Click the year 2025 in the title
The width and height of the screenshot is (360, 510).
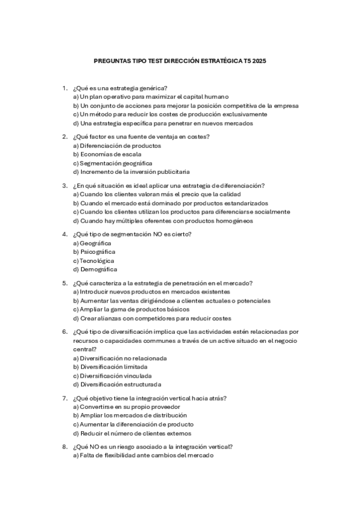click(258, 61)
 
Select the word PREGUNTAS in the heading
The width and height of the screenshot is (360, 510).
click(111, 61)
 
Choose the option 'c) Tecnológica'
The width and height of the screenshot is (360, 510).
click(93, 261)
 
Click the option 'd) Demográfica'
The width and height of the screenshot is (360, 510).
click(94, 270)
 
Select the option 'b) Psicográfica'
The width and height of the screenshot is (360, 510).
click(94, 251)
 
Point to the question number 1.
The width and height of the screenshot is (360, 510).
click(64, 88)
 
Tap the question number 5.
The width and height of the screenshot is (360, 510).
click(64, 283)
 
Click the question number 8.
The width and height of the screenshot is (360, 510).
click(64, 447)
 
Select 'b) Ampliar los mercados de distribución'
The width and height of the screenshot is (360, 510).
click(130, 416)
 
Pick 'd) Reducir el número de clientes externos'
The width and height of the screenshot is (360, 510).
click(132, 434)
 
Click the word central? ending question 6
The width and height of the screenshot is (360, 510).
click(84, 349)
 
